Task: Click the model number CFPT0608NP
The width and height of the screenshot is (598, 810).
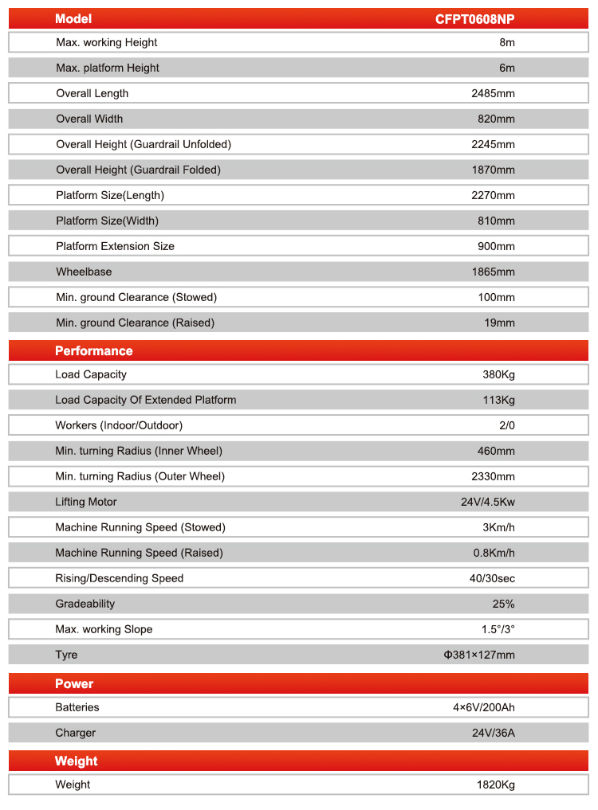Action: [x=474, y=19]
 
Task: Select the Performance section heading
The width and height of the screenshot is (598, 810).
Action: [x=94, y=351]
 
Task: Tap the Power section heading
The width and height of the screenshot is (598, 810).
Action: [x=74, y=684]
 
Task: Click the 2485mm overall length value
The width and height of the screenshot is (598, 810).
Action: [x=494, y=93]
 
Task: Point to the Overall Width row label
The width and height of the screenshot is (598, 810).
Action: [x=89, y=119]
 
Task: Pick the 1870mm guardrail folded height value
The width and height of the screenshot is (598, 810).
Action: [x=494, y=170]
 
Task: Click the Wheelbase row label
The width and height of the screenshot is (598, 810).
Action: [x=84, y=272]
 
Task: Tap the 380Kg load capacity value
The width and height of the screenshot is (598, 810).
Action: [x=497, y=374]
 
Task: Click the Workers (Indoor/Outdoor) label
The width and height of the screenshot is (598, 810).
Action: [x=119, y=425]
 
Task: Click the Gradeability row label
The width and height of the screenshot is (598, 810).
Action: [x=85, y=604]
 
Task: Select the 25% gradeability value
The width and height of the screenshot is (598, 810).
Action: [x=504, y=604]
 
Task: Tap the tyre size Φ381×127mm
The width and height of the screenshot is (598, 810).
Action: [x=479, y=655]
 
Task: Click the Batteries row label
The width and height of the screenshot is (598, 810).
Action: [x=77, y=707]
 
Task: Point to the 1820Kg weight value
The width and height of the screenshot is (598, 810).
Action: [x=495, y=785]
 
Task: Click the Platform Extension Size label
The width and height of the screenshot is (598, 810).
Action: [x=115, y=246]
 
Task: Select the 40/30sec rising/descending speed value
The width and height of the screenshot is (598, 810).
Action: [x=492, y=578]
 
